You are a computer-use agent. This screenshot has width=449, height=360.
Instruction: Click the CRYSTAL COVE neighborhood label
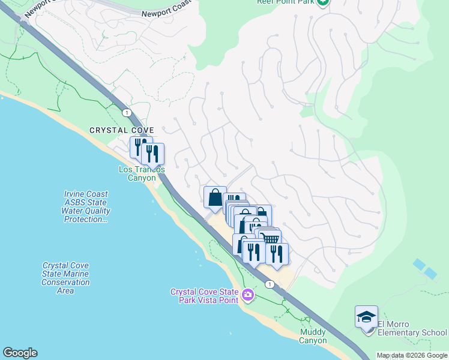tap(122, 130)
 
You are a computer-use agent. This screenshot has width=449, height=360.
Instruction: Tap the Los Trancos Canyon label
tap(141, 173)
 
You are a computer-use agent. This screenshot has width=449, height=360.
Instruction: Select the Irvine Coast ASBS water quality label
tap(86, 206)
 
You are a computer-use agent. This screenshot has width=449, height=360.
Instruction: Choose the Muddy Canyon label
tap(313, 336)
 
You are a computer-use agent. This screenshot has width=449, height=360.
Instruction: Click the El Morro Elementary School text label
tap(412, 332)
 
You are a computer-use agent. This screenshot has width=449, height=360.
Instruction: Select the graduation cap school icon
tap(366, 317)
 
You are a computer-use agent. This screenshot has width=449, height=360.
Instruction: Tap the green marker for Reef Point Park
tap(324, 2)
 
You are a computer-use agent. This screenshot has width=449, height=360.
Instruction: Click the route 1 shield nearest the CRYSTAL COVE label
tap(126, 112)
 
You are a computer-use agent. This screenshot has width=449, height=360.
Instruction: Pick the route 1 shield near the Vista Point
tap(271, 284)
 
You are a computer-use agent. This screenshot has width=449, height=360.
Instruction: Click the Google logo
tap(20, 353)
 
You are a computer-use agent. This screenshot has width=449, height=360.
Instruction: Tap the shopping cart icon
tap(271, 239)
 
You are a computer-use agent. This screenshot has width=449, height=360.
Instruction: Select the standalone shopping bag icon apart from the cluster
tap(215, 197)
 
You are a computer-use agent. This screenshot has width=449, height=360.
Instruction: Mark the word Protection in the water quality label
tap(85, 220)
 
